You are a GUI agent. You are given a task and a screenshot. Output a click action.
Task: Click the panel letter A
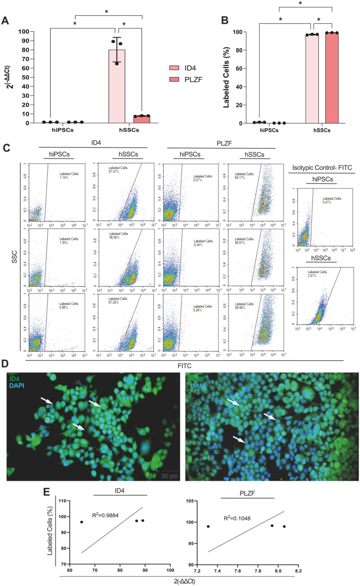coord(5,20)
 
